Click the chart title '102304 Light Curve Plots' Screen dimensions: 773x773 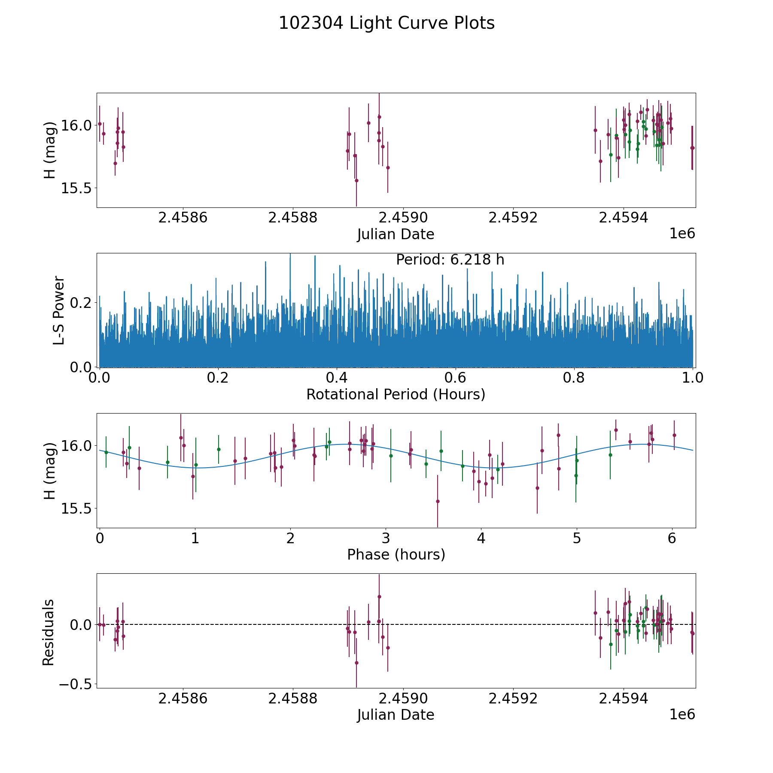[x=386, y=23]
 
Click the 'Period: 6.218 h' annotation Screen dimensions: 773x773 [x=450, y=260]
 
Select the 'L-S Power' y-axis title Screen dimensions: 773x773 [x=59, y=310]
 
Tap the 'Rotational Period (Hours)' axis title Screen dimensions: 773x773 [x=396, y=394]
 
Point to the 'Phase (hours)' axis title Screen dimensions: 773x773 [x=396, y=554]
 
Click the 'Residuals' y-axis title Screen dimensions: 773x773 [x=49, y=632]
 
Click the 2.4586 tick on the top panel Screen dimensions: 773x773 [x=183, y=218]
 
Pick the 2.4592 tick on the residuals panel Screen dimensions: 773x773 [x=513, y=699]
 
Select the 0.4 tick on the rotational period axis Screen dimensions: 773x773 [x=337, y=378]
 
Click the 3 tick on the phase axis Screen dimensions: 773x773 [x=386, y=539]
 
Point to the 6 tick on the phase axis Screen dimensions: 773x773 [x=672, y=539]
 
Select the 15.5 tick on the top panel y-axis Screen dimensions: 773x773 [x=73, y=188]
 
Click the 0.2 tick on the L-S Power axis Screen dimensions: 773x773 [x=82, y=303]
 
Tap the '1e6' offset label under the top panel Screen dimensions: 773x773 [x=682, y=234]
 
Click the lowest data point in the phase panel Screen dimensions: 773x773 [x=438, y=501]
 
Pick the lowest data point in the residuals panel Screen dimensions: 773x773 [x=356, y=663]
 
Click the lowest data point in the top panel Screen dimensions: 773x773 [x=356, y=180]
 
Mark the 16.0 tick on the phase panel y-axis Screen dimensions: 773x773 [x=73, y=446]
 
